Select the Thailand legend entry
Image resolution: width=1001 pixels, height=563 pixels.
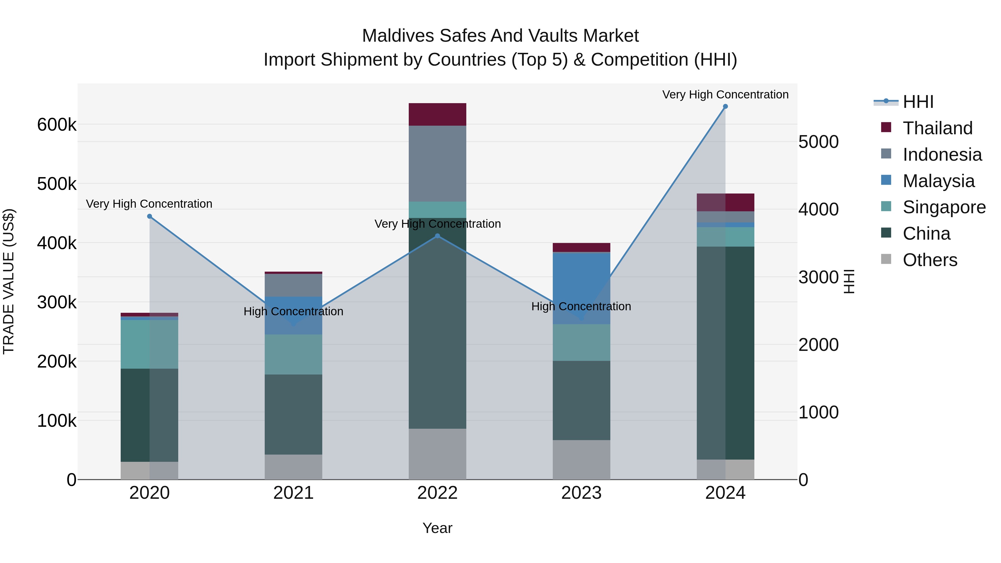point(937,128)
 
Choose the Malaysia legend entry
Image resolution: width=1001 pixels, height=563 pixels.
point(938,181)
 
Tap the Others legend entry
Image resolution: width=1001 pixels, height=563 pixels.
point(930,260)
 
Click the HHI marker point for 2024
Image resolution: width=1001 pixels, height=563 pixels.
point(725,106)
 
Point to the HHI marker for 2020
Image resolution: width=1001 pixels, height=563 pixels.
point(150,216)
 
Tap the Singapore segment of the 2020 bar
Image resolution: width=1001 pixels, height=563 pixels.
point(150,344)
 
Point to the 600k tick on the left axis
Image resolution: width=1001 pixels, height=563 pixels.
point(57,125)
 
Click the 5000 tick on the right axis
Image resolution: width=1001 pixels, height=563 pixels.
point(818,142)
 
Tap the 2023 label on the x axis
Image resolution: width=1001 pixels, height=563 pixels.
point(581,493)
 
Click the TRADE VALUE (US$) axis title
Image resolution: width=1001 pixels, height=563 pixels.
point(9,281)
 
